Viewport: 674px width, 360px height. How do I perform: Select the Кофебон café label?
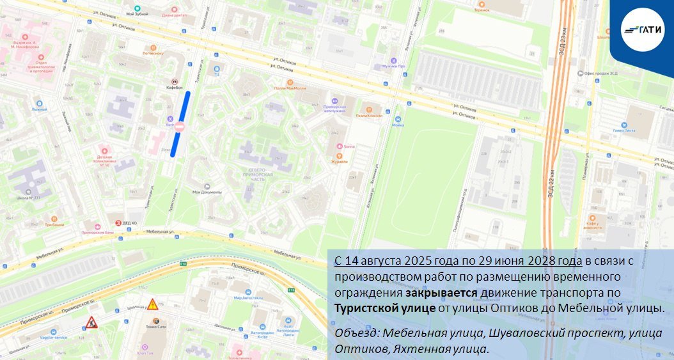pyautogui.click(x=175, y=87)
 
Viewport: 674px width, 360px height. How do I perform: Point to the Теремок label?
pyautogui.click(x=482, y=10)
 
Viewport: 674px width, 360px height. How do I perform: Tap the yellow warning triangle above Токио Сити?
pyautogui.click(x=153, y=304)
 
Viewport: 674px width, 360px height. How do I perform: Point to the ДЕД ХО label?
pyautogui.click(x=129, y=223)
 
